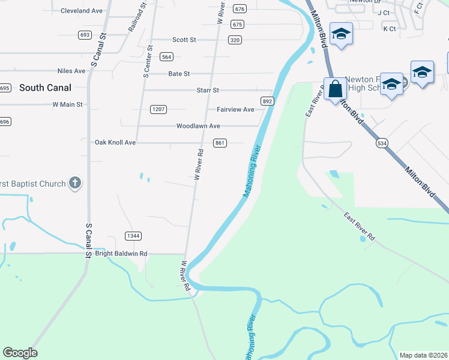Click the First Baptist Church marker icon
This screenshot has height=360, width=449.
(x=74, y=183)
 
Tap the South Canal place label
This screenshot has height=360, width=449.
(x=45, y=88)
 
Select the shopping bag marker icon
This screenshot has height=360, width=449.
(x=335, y=90)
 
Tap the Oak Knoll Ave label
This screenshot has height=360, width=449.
(x=115, y=143)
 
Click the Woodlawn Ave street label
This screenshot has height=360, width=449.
(x=198, y=126)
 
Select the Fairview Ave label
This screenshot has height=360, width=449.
(x=235, y=109)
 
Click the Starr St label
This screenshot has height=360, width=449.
(x=208, y=90)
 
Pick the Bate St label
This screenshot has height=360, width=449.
(x=179, y=74)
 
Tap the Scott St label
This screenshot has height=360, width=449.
(x=184, y=40)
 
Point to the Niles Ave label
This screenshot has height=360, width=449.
(x=71, y=71)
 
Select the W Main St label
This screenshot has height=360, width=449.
(x=67, y=104)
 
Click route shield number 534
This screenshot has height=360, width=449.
(x=382, y=143)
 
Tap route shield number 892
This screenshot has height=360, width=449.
(x=268, y=101)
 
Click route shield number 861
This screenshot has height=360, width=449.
(x=220, y=142)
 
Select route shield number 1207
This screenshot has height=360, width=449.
(x=158, y=109)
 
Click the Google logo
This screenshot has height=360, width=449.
(x=20, y=353)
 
